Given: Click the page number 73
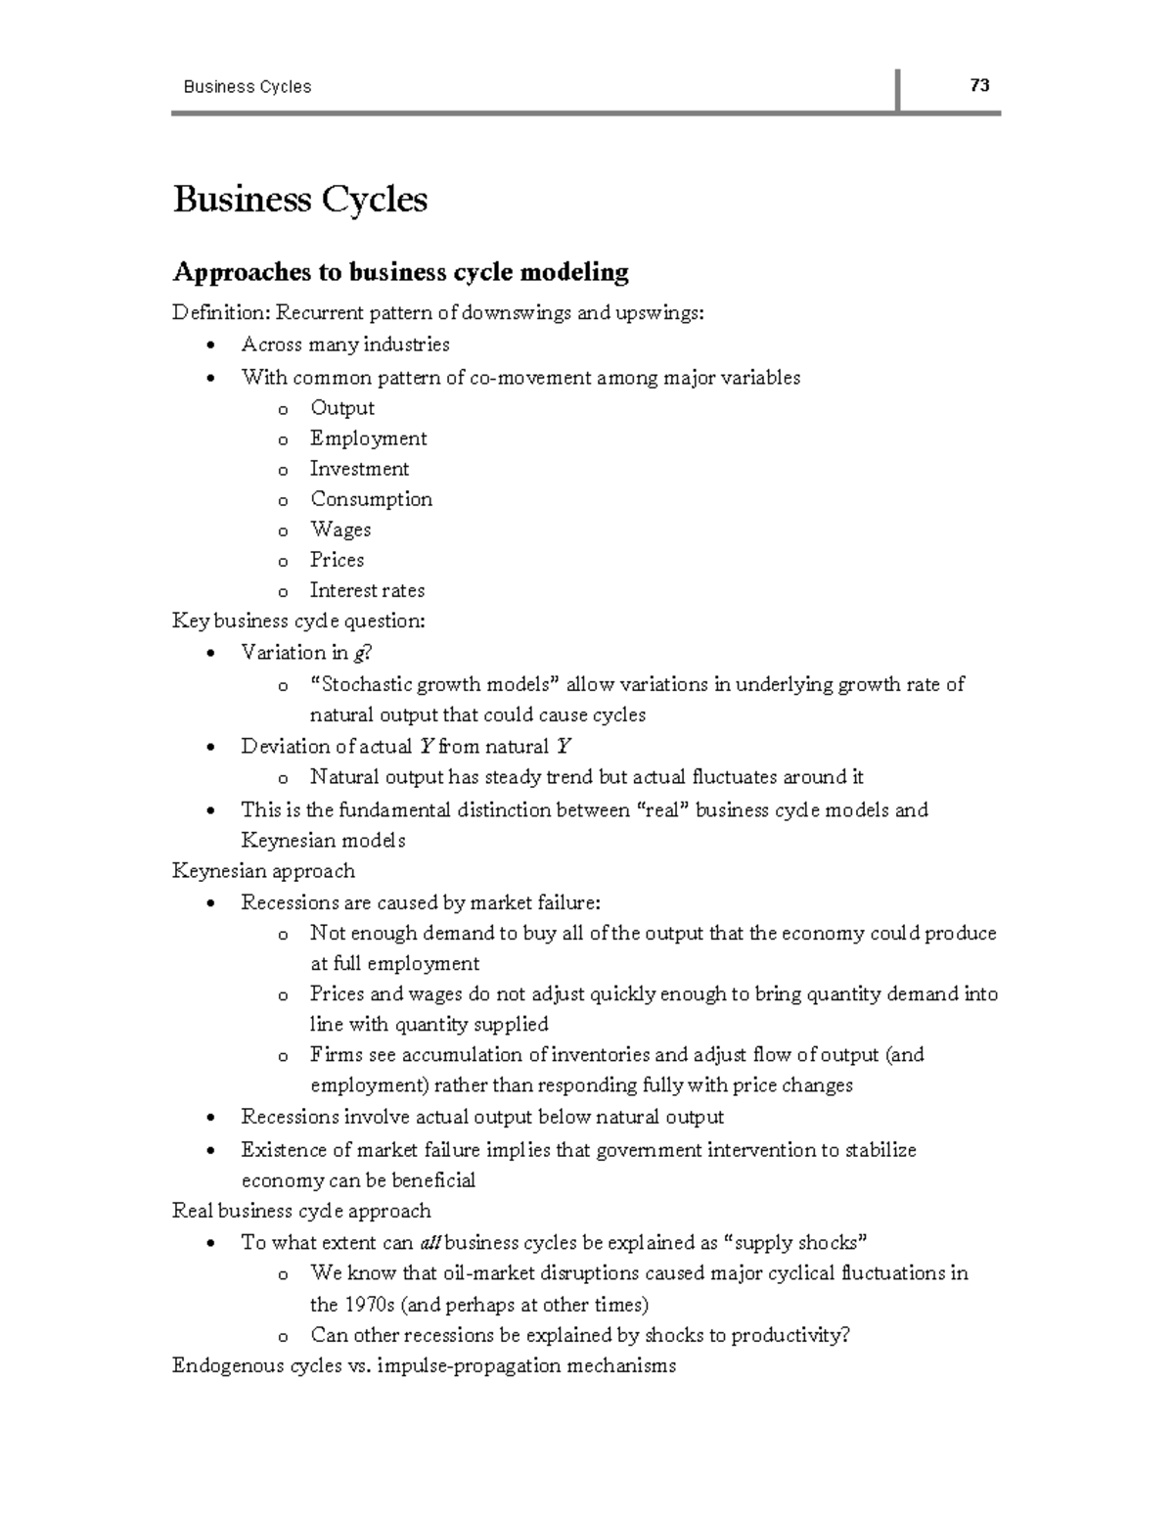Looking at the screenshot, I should click(x=979, y=85).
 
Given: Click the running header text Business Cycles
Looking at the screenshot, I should click(x=247, y=87).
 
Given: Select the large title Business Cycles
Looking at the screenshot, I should click(x=300, y=200).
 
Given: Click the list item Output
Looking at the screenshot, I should click(x=342, y=408).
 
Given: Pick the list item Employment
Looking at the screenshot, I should click(x=368, y=438).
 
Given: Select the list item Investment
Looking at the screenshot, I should click(x=359, y=469).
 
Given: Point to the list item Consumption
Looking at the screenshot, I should click(x=371, y=499).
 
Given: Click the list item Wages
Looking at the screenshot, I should click(x=340, y=530).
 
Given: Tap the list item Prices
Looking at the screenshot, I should click(x=337, y=560).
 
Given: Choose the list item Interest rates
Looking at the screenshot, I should click(x=367, y=590).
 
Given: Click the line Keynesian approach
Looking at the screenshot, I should click(x=263, y=871).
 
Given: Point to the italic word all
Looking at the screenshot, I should click(x=430, y=1243).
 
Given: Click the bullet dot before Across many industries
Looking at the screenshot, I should click(x=210, y=345).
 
